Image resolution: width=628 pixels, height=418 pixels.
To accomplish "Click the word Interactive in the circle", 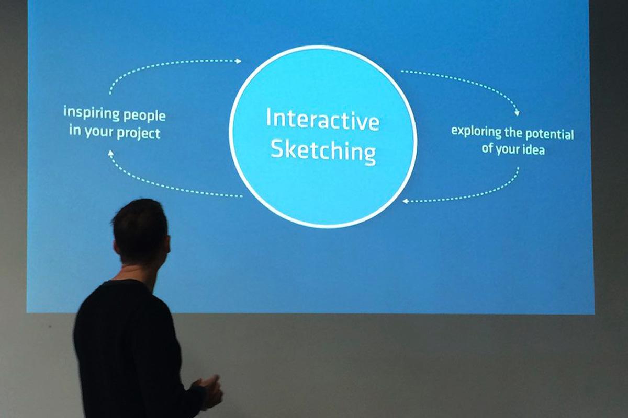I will coord(322,120).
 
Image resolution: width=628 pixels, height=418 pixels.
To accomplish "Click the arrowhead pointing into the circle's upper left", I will coord(239,61).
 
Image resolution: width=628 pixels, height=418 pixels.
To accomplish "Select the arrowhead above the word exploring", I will coord(517,112).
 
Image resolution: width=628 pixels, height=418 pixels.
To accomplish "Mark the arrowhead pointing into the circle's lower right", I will coord(405,201).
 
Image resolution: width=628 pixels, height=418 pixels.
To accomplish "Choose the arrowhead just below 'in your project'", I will coord(110,153).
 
